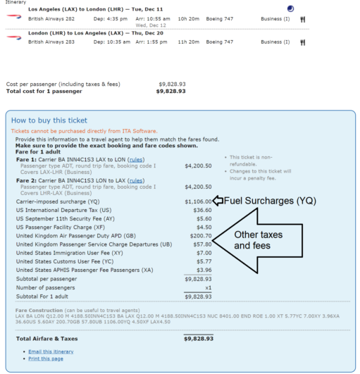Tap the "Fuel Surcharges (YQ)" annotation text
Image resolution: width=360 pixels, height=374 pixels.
(x=271, y=201)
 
